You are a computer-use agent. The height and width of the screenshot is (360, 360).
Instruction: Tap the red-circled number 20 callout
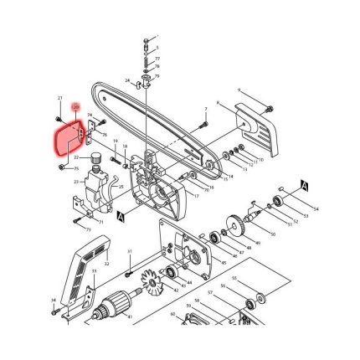click(76, 108)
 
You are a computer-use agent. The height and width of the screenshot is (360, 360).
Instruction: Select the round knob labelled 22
click(96, 157)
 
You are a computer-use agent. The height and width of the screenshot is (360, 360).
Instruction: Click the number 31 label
click(130, 250)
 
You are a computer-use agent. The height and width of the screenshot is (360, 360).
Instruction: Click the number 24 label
click(89, 114)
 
